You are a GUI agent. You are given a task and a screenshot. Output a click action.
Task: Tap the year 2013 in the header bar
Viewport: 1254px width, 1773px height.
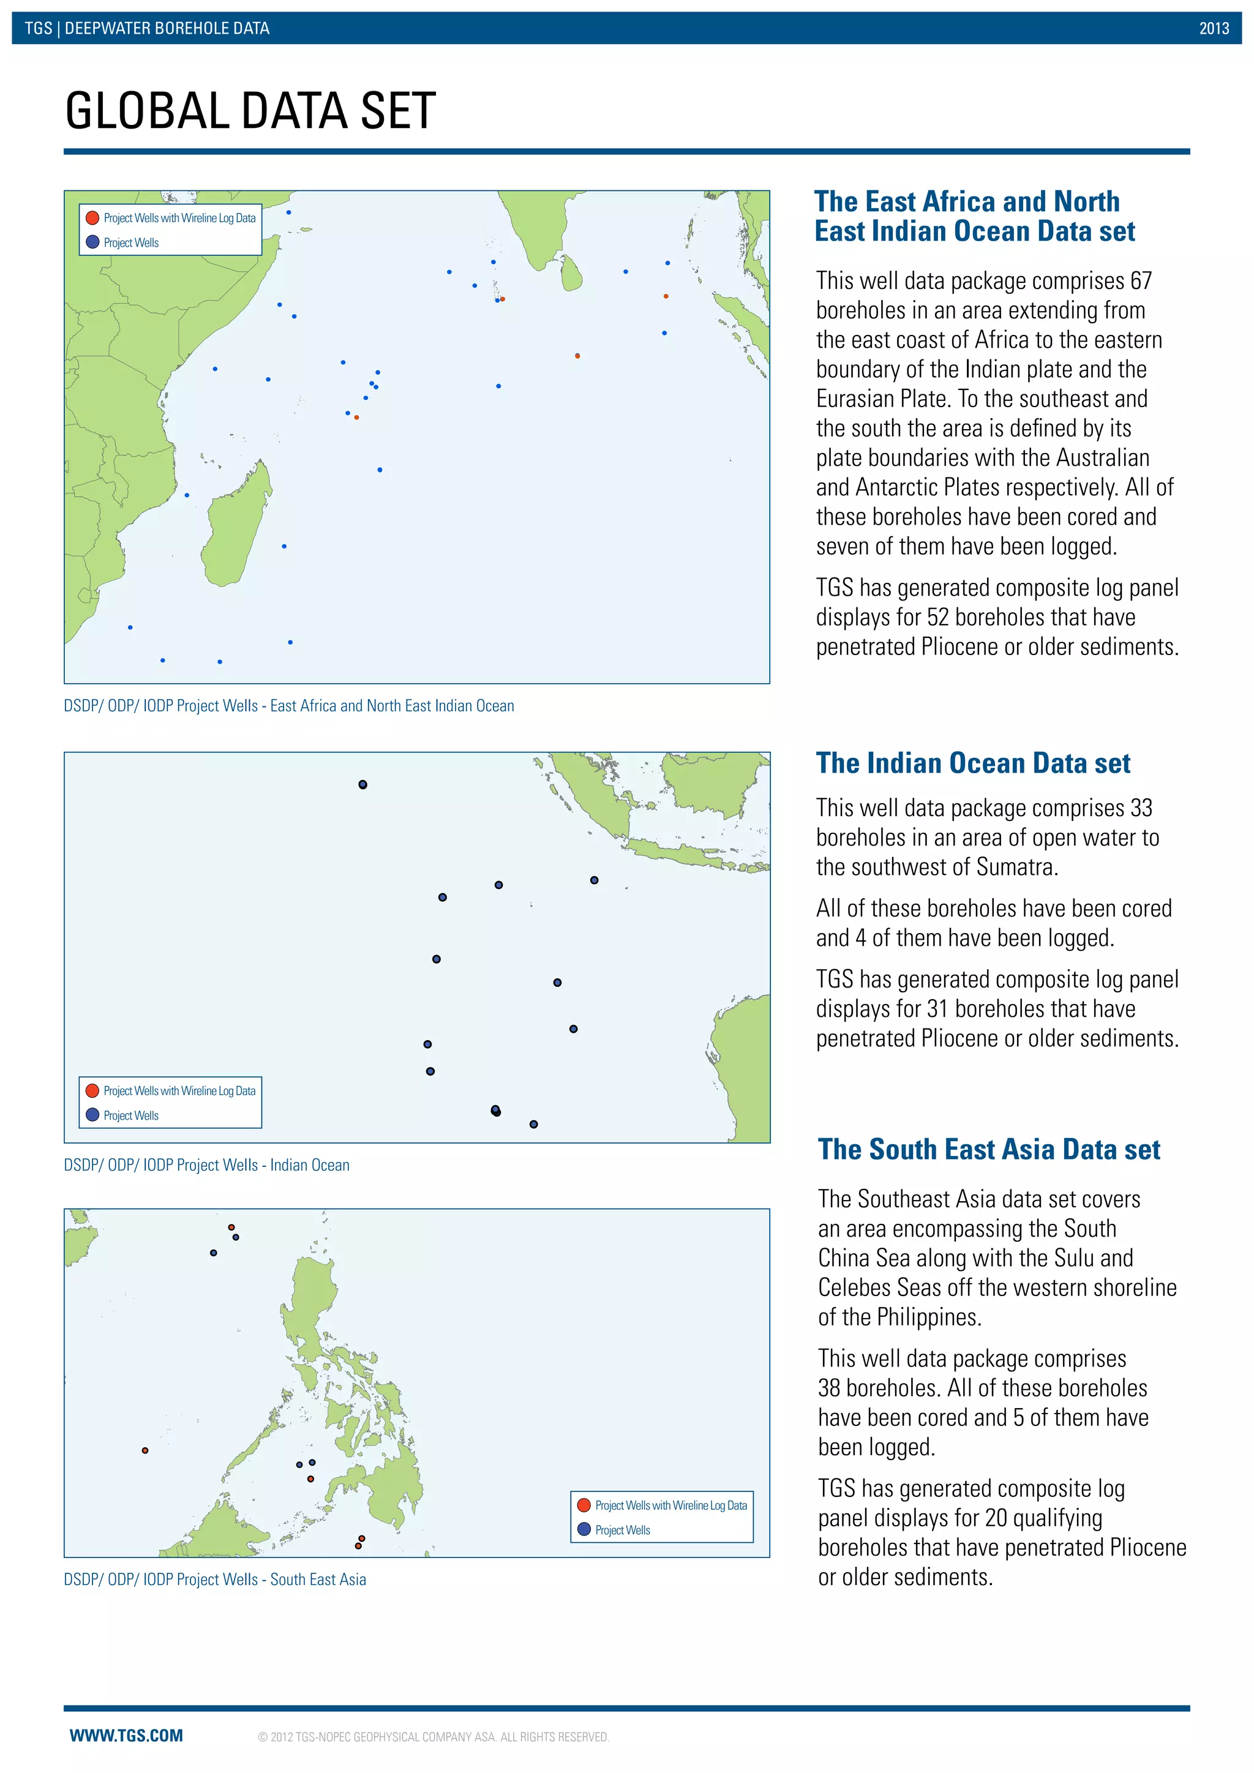coord(1214,29)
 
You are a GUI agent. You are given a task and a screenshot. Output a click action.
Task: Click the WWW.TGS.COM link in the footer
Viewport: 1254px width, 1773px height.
coord(126,1735)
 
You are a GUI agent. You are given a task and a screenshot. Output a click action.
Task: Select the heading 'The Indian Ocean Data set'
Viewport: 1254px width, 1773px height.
coord(973,763)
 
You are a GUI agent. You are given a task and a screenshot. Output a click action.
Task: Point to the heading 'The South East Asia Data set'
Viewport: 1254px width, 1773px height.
coord(988,1149)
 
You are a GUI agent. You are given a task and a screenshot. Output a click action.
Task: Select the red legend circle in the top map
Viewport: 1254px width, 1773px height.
coord(92,218)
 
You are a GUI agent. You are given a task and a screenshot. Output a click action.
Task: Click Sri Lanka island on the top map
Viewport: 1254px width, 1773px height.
coord(571,274)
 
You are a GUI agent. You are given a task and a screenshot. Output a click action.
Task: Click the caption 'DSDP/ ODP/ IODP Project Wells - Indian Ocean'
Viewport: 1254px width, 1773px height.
coord(206,1164)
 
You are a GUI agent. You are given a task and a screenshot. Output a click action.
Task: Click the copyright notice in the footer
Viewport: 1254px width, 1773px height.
coord(433,1737)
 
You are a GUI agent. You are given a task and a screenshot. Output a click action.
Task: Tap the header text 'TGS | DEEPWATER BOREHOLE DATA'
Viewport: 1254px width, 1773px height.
coord(147,29)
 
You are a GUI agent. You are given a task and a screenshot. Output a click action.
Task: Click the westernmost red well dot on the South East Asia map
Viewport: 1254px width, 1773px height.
coord(145,1451)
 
